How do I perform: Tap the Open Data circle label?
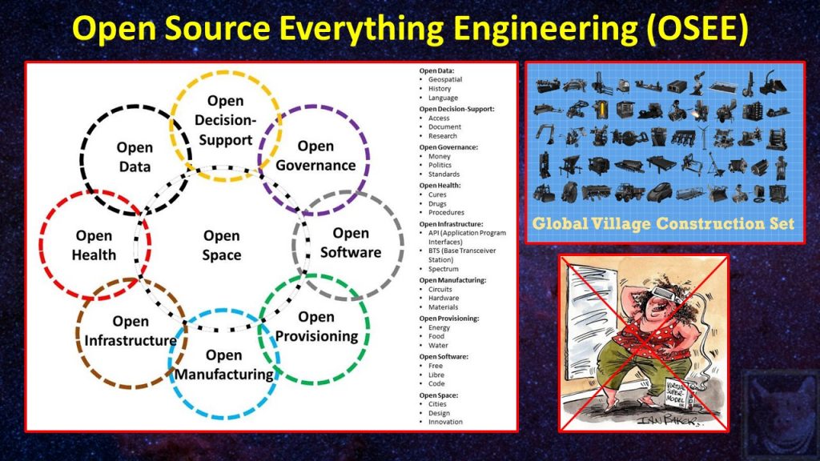(x=134, y=156)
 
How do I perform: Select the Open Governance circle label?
(x=315, y=156)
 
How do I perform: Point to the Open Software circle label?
(x=351, y=243)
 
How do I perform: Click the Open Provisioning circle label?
(x=316, y=327)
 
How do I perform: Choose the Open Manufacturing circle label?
(x=223, y=364)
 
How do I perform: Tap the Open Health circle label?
(x=94, y=246)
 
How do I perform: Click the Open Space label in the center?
(x=222, y=246)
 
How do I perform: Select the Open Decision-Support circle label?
(x=225, y=121)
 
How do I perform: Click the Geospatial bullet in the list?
(x=445, y=80)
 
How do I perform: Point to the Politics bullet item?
(x=443, y=165)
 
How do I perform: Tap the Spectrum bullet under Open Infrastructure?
(x=444, y=269)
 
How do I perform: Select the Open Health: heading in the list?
(x=440, y=185)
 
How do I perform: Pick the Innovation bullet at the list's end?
(x=446, y=422)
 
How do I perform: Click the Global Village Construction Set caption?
(x=664, y=224)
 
